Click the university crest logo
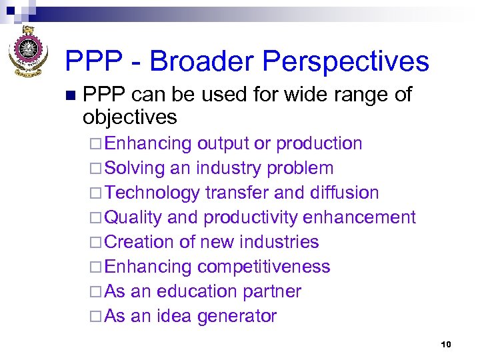tap(27, 51)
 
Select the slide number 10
tap(446, 344)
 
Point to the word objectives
tap(129, 117)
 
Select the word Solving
tap(135, 168)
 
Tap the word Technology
tap(152, 193)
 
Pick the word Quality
tap(133, 217)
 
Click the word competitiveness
tap(263, 267)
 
